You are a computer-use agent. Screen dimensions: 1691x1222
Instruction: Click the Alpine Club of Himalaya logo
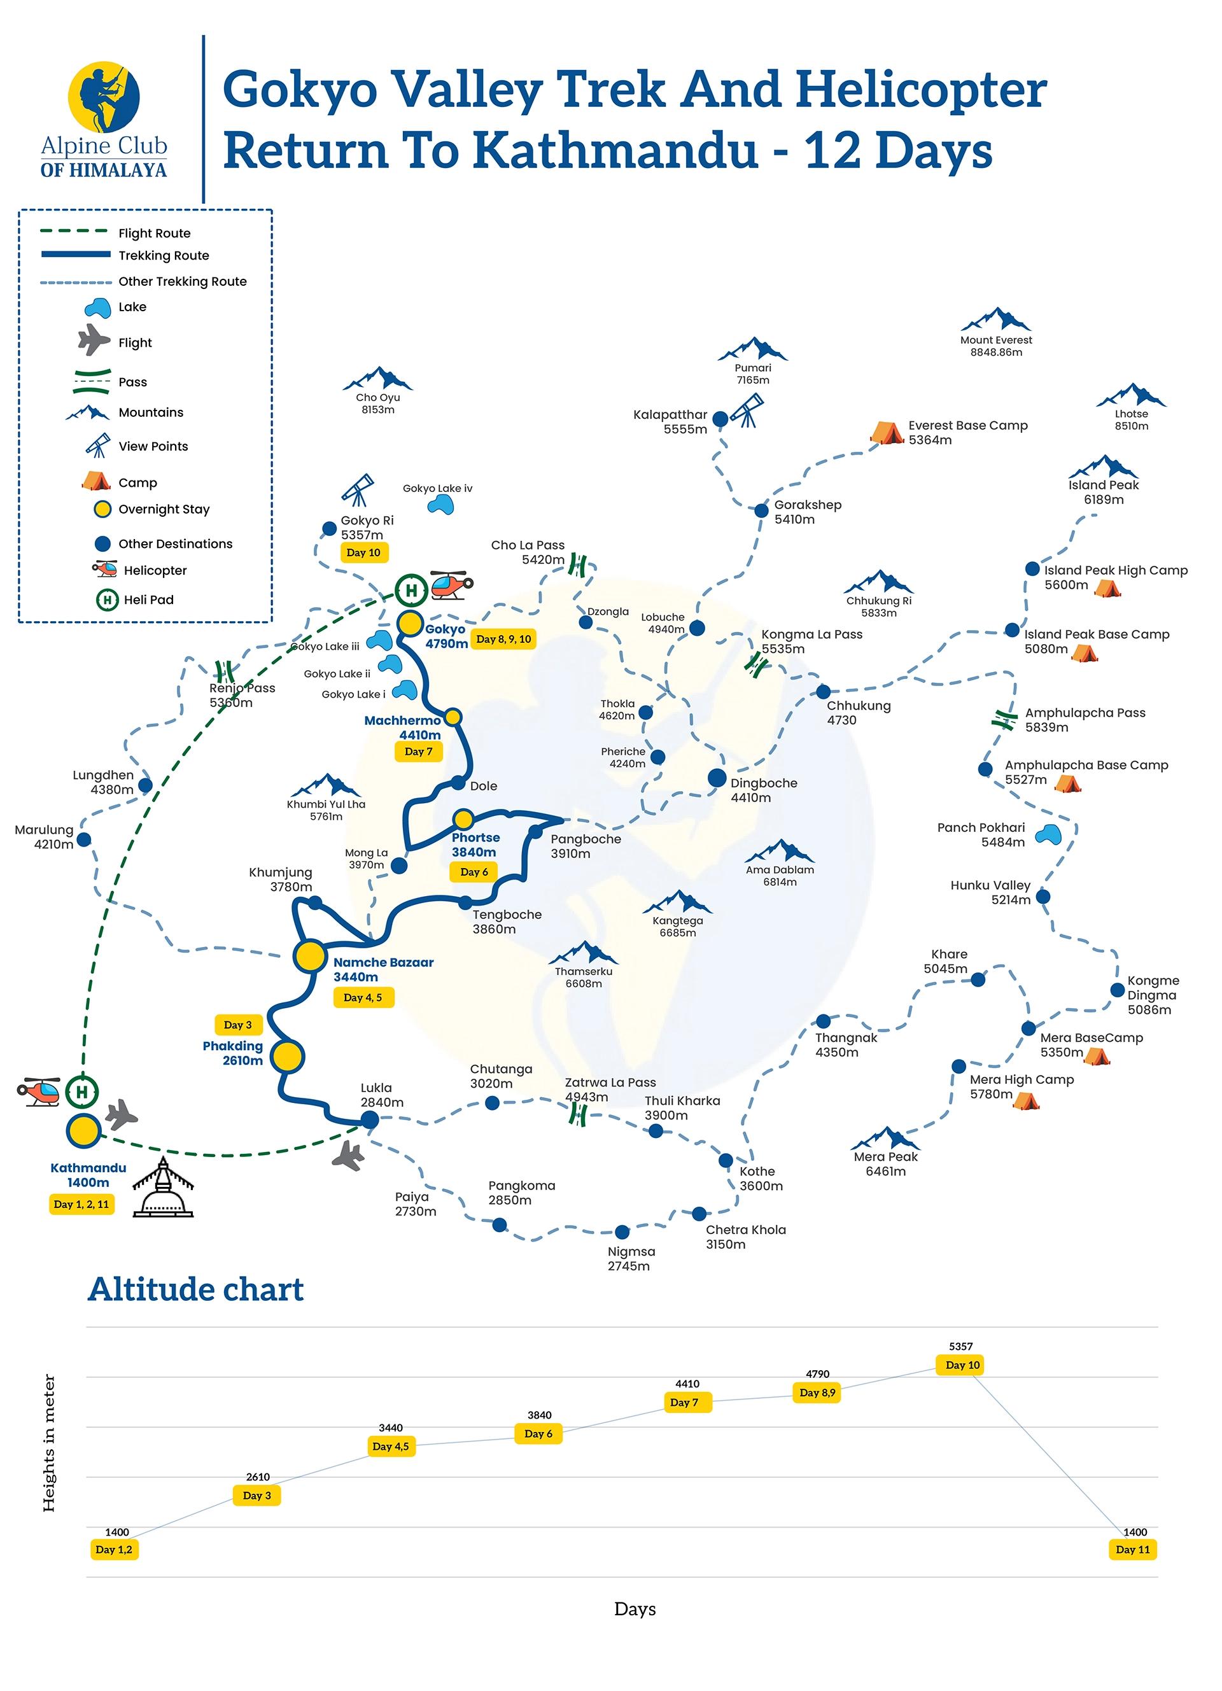[x=104, y=119]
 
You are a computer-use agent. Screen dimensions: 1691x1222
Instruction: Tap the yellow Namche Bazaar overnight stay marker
[x=309, y=955]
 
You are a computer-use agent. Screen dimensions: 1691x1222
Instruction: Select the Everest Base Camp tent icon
[x=886, y=432]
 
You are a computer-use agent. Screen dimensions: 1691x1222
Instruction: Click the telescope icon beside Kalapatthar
[x=748, y=410]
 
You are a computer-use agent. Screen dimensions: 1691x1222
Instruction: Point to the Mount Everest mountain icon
[x=995, y=320]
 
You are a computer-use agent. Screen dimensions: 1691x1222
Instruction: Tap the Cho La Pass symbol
[x=578, y=565]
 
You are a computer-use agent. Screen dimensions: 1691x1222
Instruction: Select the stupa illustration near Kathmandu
[x=162, y=1187]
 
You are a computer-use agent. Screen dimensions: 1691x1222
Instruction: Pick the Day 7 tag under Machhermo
[x=418, y=752]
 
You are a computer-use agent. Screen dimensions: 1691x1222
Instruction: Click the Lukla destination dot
[x=369, y=1118]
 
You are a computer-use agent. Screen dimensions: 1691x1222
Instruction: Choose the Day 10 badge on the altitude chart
[x=962, y=1365]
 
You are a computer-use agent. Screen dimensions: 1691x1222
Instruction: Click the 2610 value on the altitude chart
[x=258, y=1477]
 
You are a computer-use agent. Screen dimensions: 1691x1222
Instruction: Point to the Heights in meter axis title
[x=49, y=1443]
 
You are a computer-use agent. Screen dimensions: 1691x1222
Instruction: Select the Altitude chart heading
[x=195, y=1289]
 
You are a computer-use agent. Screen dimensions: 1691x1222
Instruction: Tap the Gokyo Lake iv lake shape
[x=440, y=505]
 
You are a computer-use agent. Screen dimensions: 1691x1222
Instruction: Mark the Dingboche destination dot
[x=717, y=778]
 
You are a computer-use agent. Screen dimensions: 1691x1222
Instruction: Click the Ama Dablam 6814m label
[x=780, y=875]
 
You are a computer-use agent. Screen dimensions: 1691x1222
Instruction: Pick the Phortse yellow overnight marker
[x=463, y=819]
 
